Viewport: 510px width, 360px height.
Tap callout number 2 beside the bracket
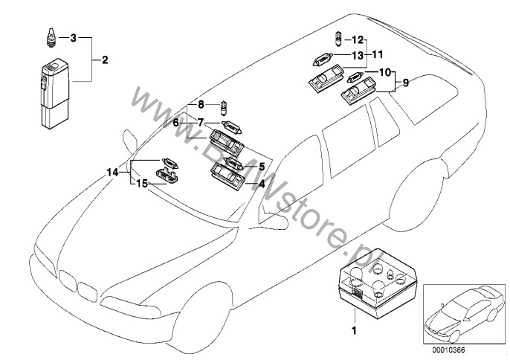tap(105, 60)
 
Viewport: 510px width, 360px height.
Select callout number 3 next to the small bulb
tap(73, 36)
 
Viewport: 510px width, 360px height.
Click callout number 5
tap(262, 166)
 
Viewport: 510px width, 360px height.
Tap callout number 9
tap(406, 84)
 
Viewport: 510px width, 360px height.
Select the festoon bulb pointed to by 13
tap(329, 56)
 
